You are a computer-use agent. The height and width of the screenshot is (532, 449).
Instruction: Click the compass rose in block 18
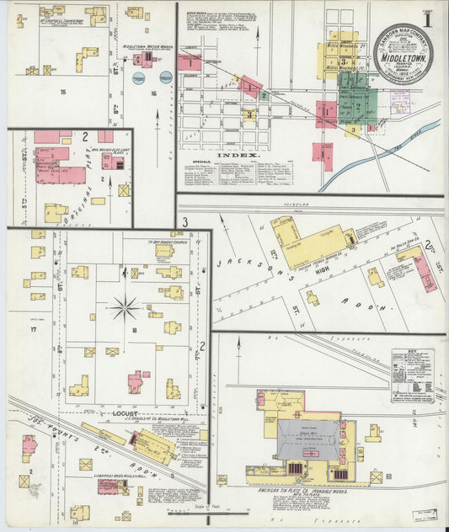point(124,307)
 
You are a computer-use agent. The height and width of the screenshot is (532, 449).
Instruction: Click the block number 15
point(62,91)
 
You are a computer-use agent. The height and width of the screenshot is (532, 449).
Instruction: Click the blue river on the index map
point(380,152)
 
